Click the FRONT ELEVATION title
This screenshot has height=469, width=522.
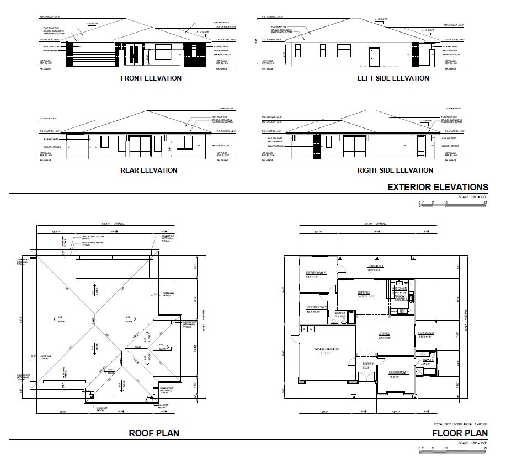151,78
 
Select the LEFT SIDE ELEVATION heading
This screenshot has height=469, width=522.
393,78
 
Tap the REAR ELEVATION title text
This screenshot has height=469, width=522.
149,170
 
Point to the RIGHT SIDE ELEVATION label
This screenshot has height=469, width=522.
395,170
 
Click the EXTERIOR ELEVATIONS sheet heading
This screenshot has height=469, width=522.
438,187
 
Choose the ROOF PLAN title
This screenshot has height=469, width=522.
154,433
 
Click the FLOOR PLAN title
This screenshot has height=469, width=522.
460,433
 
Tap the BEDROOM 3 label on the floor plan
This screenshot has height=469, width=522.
316,273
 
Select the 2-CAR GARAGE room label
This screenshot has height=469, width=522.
327,349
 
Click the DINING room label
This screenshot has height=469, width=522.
364,292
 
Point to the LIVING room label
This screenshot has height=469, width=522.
383,334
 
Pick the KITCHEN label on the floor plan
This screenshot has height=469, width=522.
400,289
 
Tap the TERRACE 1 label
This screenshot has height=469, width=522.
376,267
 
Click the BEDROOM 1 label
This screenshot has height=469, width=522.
399,372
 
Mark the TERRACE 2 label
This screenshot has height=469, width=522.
425,333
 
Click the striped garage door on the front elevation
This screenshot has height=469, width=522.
93,56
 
